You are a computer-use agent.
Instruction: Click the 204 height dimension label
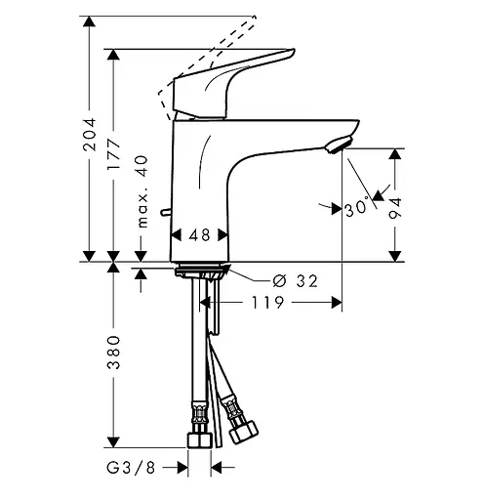point(90,135)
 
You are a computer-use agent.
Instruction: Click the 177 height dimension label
point(113,154)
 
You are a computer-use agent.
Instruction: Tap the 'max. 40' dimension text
point(142,191)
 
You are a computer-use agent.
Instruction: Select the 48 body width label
point(199,235)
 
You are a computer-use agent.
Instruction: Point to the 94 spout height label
point(395,208)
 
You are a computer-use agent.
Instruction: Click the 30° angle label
point(357,208)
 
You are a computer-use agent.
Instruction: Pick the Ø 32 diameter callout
point(295,281)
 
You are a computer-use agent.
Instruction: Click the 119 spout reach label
point(267,303)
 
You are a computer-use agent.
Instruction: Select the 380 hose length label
point(113,353)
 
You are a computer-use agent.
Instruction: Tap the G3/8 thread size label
point(131,468)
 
